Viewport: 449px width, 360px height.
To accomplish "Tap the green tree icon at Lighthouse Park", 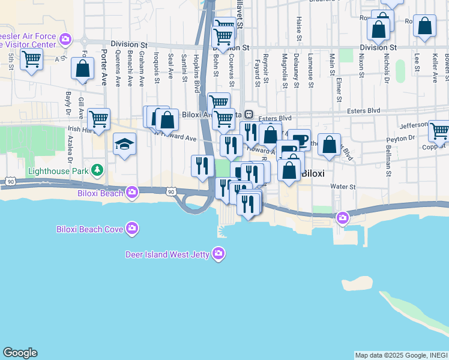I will pos(95,171).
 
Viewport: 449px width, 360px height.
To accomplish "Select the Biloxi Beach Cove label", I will pos(89,229).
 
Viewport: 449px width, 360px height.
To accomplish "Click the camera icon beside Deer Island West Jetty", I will pos(218,254).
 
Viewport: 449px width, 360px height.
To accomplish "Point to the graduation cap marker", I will pos(124,145).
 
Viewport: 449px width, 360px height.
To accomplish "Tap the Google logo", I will pos(20,353).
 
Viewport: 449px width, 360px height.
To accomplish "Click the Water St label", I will pos(342,186).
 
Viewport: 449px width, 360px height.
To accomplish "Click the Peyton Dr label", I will pos(401,138).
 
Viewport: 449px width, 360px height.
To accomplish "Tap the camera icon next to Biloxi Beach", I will pos(132,193).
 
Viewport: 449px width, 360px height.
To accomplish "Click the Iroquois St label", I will pos(157,68).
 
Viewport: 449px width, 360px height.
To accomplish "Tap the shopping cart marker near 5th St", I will pos(31,59).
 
